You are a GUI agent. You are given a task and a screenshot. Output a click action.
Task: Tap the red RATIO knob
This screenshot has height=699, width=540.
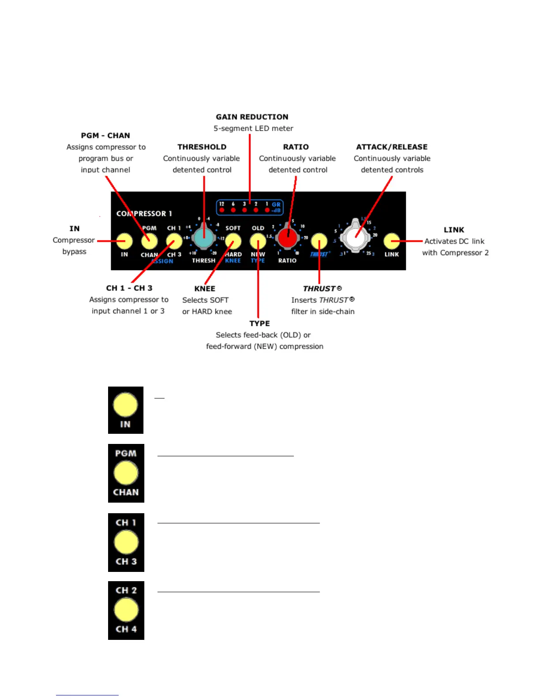287,238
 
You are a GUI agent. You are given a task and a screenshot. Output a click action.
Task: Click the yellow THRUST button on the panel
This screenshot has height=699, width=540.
319,241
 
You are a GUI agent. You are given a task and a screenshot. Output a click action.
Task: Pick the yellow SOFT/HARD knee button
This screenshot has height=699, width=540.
233,241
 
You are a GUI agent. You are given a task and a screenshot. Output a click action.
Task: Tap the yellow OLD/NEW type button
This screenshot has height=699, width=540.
258,241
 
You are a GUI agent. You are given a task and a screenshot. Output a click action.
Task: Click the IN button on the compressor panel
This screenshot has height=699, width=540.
124,241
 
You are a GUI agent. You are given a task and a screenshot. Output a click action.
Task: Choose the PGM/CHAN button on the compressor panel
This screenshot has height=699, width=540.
150,241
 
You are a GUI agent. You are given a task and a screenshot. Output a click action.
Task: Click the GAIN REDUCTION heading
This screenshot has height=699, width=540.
252,117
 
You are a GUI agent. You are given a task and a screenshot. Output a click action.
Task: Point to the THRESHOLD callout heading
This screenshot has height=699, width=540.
202,147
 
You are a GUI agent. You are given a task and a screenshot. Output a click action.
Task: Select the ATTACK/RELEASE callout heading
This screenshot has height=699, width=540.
392,147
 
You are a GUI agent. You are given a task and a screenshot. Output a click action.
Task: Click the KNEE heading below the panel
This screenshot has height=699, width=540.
205,289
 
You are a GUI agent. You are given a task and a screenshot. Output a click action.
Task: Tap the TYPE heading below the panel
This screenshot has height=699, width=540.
259,323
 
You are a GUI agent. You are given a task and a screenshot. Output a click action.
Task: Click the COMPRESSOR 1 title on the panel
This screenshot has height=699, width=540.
144,214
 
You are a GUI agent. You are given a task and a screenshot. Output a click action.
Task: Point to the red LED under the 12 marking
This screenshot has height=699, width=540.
222,210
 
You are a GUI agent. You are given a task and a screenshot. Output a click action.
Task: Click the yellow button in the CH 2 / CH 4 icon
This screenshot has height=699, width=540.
126,610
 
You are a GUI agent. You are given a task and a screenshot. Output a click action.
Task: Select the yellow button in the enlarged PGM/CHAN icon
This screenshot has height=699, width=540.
126,473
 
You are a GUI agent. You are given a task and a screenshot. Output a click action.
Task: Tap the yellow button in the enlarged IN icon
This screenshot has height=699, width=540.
126,405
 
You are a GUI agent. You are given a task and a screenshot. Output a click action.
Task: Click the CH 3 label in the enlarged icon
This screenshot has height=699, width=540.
126,561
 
